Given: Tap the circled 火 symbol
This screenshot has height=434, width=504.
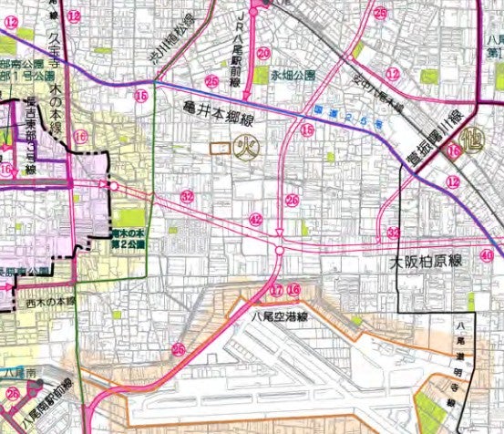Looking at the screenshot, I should tap(245, 147).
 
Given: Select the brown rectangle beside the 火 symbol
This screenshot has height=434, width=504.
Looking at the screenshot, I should tap(219, 147).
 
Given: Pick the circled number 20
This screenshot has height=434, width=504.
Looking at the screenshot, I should tap(263, 54).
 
